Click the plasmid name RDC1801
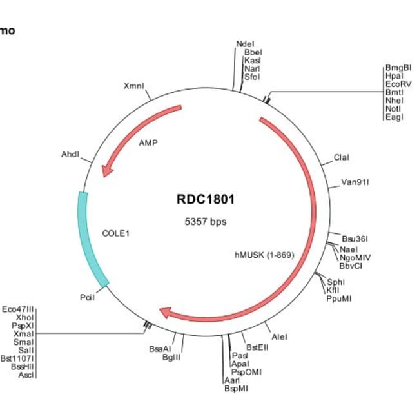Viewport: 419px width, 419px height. tap(206, 199)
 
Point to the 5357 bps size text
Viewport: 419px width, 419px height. tap(206, 222)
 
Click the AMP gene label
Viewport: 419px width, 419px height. tap(148, 142)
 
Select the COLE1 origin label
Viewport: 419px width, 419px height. tap(116, 233)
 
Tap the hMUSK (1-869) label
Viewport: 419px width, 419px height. tap(264, 255)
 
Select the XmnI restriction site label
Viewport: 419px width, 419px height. tap(133, 86)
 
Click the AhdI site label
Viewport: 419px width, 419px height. tap(70, 155)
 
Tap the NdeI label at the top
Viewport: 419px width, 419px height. tap(245, 44)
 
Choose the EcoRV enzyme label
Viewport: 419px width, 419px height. tap(397, 84)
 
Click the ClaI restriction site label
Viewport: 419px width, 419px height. tap(342, 158)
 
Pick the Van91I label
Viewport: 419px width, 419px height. tap(355, 182)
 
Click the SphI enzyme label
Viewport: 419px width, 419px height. tap(336, 282)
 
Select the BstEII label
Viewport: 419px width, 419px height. tap(257, 347)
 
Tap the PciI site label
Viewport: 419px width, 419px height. tap(87, 298)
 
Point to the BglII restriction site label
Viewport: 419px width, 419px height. tap(171, 357)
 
